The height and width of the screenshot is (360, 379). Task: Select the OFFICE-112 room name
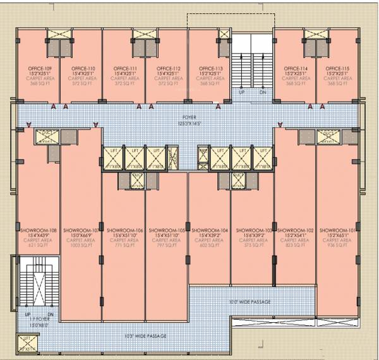click(167, 68)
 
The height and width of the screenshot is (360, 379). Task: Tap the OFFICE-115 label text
click(337, 68)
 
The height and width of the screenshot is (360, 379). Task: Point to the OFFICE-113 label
click(210, 68)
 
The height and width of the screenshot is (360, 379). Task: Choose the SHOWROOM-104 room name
click(209, 231)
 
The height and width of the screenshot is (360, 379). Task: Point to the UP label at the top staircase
click(242, 92)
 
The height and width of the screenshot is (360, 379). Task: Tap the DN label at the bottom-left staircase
click(51, 314)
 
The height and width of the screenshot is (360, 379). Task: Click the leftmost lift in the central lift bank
click(114, 157)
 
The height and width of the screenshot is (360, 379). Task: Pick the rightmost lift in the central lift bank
click(262, 157)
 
